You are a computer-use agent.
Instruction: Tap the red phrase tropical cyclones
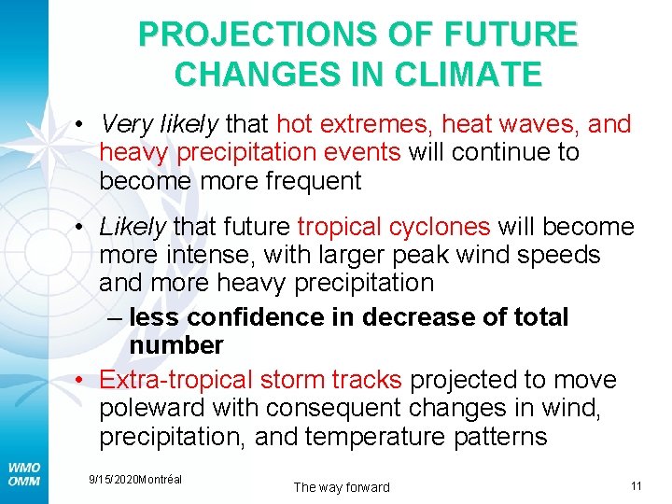[393, 227]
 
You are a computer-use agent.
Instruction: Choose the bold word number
[176, 345]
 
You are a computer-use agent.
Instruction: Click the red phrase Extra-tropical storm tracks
[250, 380]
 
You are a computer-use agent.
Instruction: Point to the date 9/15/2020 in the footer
[112, 479]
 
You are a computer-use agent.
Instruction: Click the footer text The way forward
[342, 486]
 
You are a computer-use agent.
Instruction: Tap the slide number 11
[637, 485]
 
